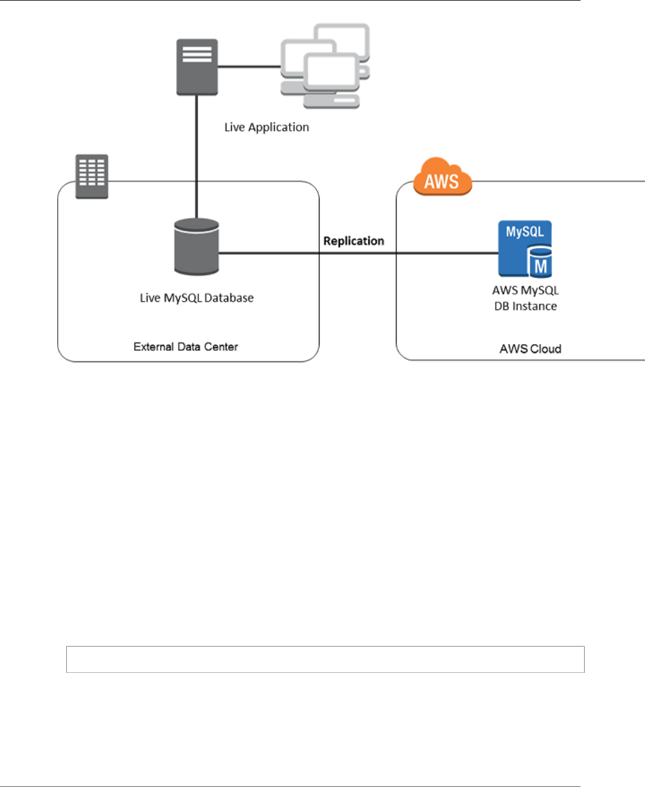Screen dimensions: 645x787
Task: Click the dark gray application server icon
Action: (197, 67)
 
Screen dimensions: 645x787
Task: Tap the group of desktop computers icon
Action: (325, 66)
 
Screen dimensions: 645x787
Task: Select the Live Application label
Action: (267, 127)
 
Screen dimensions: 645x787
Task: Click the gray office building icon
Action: (92, 176)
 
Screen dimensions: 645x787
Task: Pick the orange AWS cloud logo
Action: (443, 176)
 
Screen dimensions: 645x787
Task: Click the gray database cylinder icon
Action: (196, 247)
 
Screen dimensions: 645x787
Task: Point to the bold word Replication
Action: (354, 241)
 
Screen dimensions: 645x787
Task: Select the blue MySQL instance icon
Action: (525, 249)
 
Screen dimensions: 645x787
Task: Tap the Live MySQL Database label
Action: (196, 298)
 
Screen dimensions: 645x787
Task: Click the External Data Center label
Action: (186, 347)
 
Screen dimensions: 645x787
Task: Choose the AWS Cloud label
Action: (530, 349)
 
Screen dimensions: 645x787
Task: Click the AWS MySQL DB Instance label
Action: (525, 298)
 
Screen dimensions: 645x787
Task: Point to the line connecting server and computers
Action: (249, 67)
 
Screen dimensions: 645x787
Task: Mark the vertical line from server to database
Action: (196, 157)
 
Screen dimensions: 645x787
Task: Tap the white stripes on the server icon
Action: (197, 54)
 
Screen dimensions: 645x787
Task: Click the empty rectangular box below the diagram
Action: (325, 659)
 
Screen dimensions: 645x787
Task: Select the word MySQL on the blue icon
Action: (524, 232)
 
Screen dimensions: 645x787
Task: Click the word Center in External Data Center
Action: (221, 347)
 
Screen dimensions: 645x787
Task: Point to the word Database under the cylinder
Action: (229, 298)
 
